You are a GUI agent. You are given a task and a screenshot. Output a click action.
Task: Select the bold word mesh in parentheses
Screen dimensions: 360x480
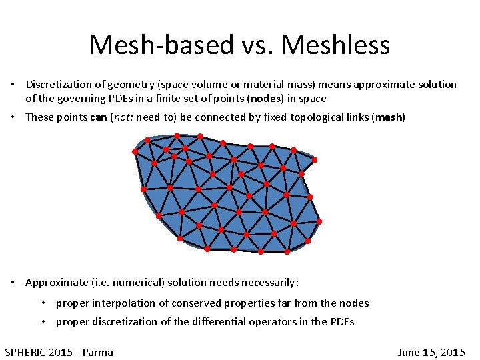click(389, 117)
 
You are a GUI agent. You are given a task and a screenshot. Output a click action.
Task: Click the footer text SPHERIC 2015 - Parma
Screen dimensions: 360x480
click(59, 352)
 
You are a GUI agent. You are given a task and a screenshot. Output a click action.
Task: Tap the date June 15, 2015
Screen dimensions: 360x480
click(431, 352)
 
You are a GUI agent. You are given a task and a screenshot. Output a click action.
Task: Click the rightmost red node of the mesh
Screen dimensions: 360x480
click(319, 221)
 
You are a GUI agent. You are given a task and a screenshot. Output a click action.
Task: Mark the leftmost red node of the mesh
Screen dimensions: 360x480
click(135, 151)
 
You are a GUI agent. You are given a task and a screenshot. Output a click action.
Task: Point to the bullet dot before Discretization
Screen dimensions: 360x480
click(13, 85)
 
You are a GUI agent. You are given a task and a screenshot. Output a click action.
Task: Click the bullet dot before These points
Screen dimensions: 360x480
click(13, 117)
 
